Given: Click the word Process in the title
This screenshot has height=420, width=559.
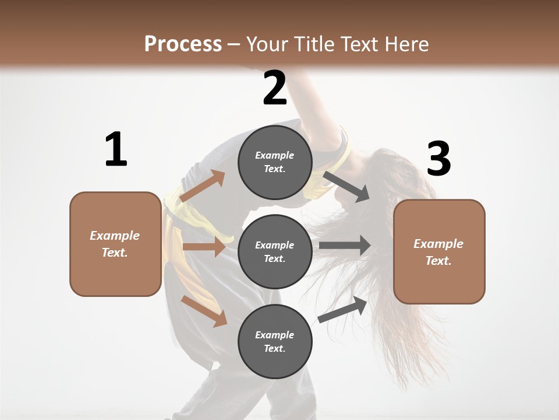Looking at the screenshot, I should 183,44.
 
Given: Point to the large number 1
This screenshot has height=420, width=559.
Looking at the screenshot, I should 116,150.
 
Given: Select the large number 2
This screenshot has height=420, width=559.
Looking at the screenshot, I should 275,89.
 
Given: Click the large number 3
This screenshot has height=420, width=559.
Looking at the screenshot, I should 438,159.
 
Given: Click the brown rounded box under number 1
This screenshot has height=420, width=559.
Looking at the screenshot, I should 115,244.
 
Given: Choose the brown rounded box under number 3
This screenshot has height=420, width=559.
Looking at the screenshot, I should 439,251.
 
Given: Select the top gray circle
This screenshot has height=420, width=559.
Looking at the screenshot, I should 275,162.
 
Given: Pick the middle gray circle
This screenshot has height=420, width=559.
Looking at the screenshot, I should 275,251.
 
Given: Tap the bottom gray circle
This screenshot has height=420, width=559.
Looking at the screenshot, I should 275,341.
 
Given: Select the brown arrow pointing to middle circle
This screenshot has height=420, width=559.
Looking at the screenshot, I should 204,247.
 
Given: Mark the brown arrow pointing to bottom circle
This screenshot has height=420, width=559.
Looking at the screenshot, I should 204,310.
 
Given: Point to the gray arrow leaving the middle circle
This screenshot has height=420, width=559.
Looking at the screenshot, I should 344,245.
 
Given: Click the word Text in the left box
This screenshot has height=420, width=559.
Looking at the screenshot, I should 114,253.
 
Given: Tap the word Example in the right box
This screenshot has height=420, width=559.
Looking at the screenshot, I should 438,244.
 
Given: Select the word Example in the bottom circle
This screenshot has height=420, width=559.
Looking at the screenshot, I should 275,335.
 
